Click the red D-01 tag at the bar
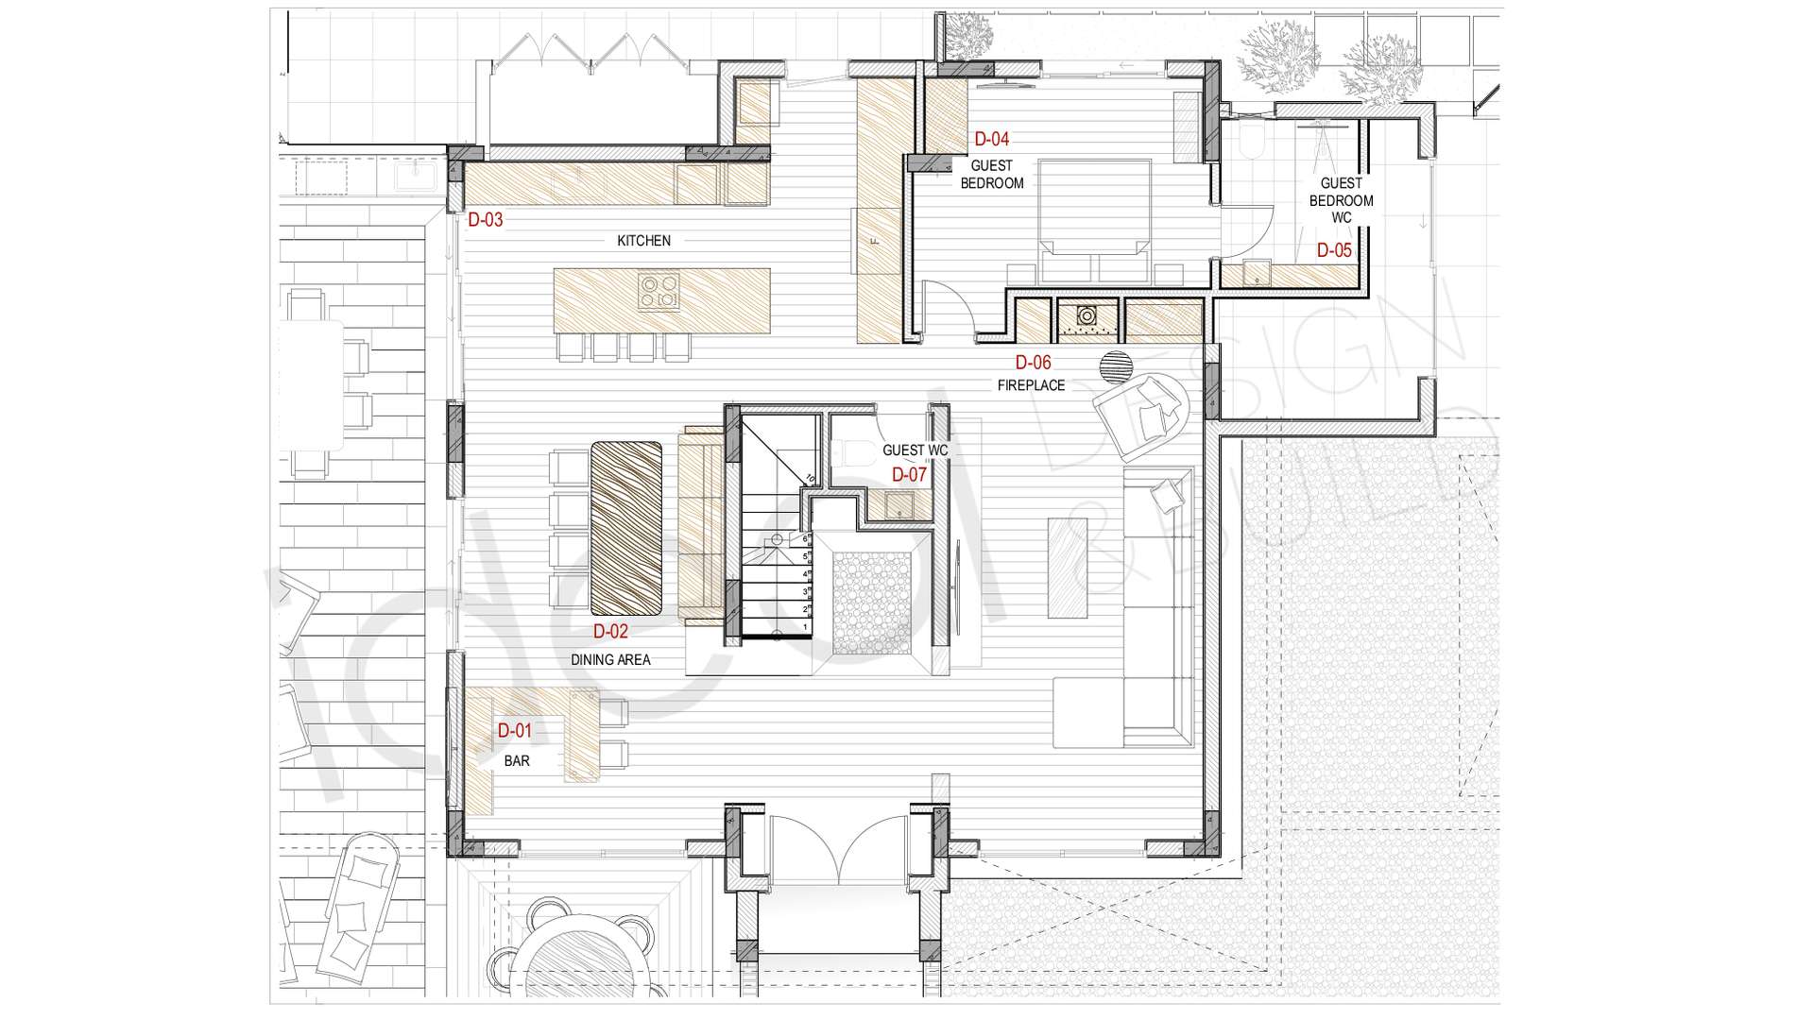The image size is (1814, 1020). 515,730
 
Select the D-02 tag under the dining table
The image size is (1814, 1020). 610,632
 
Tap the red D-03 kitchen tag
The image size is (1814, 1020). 486,220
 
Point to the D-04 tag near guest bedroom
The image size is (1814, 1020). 991,139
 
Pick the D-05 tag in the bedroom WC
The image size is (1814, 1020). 1334,250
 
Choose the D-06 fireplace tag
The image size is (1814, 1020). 1033,362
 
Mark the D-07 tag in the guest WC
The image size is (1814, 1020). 910,475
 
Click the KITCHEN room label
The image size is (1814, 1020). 643,241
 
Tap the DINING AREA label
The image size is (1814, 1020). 610,660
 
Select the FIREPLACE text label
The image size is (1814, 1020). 1032,385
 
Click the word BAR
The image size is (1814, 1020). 517,760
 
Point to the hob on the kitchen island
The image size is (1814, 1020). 659,291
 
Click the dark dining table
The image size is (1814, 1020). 625,528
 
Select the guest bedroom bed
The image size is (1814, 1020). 1095,221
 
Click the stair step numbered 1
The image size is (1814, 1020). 775,627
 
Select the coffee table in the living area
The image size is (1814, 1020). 1068,567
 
